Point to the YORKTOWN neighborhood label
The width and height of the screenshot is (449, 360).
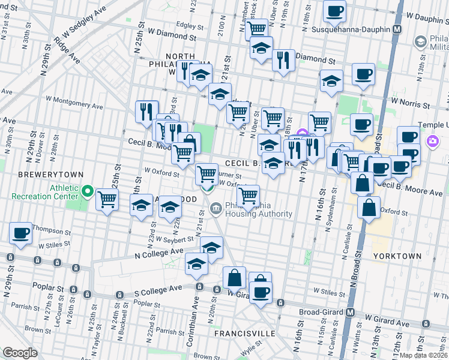click(x=397, y=256)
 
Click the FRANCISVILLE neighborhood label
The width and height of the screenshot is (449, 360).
click(x=244, y=333)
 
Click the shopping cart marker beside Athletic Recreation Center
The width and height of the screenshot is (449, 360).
click(x=107, y=199)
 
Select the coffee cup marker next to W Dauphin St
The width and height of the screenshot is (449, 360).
click(x=334, y=10)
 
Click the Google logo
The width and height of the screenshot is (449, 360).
click(x=20, y=353)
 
